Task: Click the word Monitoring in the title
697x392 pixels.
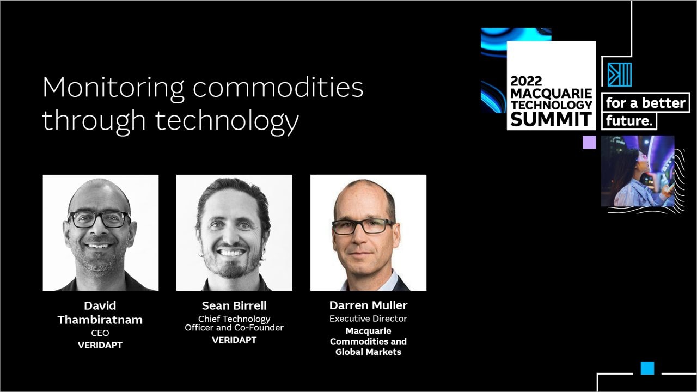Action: coord(114,89)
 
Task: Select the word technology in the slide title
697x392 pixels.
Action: coord(227,122)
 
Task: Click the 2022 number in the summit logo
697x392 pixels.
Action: coord(526,81)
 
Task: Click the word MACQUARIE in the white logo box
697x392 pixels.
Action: coord(551,93)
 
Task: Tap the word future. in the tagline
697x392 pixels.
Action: coord(629,121)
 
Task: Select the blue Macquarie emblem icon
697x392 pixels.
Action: coord(620,75)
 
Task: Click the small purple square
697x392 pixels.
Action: coord(589,142)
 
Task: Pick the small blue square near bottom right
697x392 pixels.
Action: coord(647,368)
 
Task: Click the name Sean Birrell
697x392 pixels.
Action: coord(234,305)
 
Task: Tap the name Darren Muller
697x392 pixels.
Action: coord(368,305)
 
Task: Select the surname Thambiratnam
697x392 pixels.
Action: coord(100,320)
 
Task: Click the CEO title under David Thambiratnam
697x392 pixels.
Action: coord(100,333)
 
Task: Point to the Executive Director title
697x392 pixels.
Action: coord(368,318)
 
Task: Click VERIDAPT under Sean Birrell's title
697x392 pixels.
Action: coord(234,340)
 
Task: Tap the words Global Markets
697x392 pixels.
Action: coord(368,352)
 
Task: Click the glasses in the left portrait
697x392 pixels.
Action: coord(99,219)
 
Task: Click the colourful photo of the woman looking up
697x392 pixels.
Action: coord(638,171)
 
